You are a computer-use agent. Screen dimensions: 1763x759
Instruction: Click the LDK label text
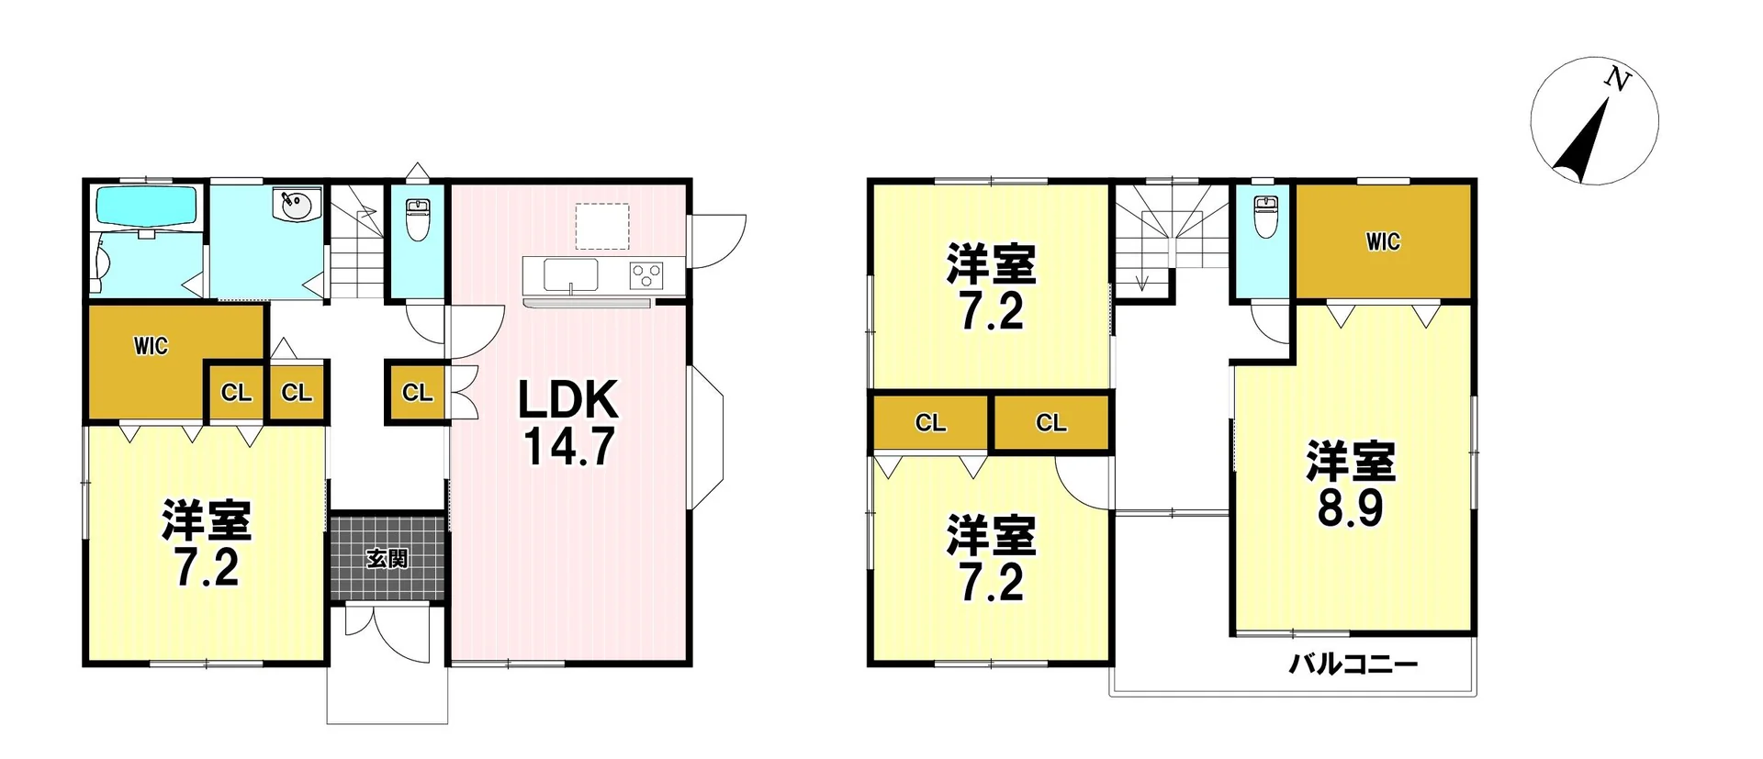(x=568, y=400)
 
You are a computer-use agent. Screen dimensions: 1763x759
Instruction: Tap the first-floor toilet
(x=418, y=218)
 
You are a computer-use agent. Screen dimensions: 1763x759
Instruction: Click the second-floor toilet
(x=1265, y=217)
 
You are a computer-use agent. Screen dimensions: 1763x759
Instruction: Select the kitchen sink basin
(x=570, y=274)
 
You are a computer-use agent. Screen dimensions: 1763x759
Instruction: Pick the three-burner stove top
(x=646, y=274)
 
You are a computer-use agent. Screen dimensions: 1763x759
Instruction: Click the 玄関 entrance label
(x=387, y=558)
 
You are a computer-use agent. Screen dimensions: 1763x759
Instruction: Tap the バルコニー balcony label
(x=1353, y=664)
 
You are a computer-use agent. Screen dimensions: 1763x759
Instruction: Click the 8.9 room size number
(x=1350, y=508)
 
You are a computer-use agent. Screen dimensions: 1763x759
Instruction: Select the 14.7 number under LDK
(x=568, y=447)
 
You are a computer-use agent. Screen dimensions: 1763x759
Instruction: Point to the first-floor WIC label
(x=151, y=346)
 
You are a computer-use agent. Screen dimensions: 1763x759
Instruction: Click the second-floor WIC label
(x=1383, y=241)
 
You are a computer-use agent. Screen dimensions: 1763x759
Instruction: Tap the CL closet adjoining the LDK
(x=417, y=393)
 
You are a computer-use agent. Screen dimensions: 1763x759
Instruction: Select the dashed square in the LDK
(x=602, y=226)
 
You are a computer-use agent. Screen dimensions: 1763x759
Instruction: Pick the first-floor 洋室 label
(x=207, y=520)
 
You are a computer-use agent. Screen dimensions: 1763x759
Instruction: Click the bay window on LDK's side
(x=706, y=437)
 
